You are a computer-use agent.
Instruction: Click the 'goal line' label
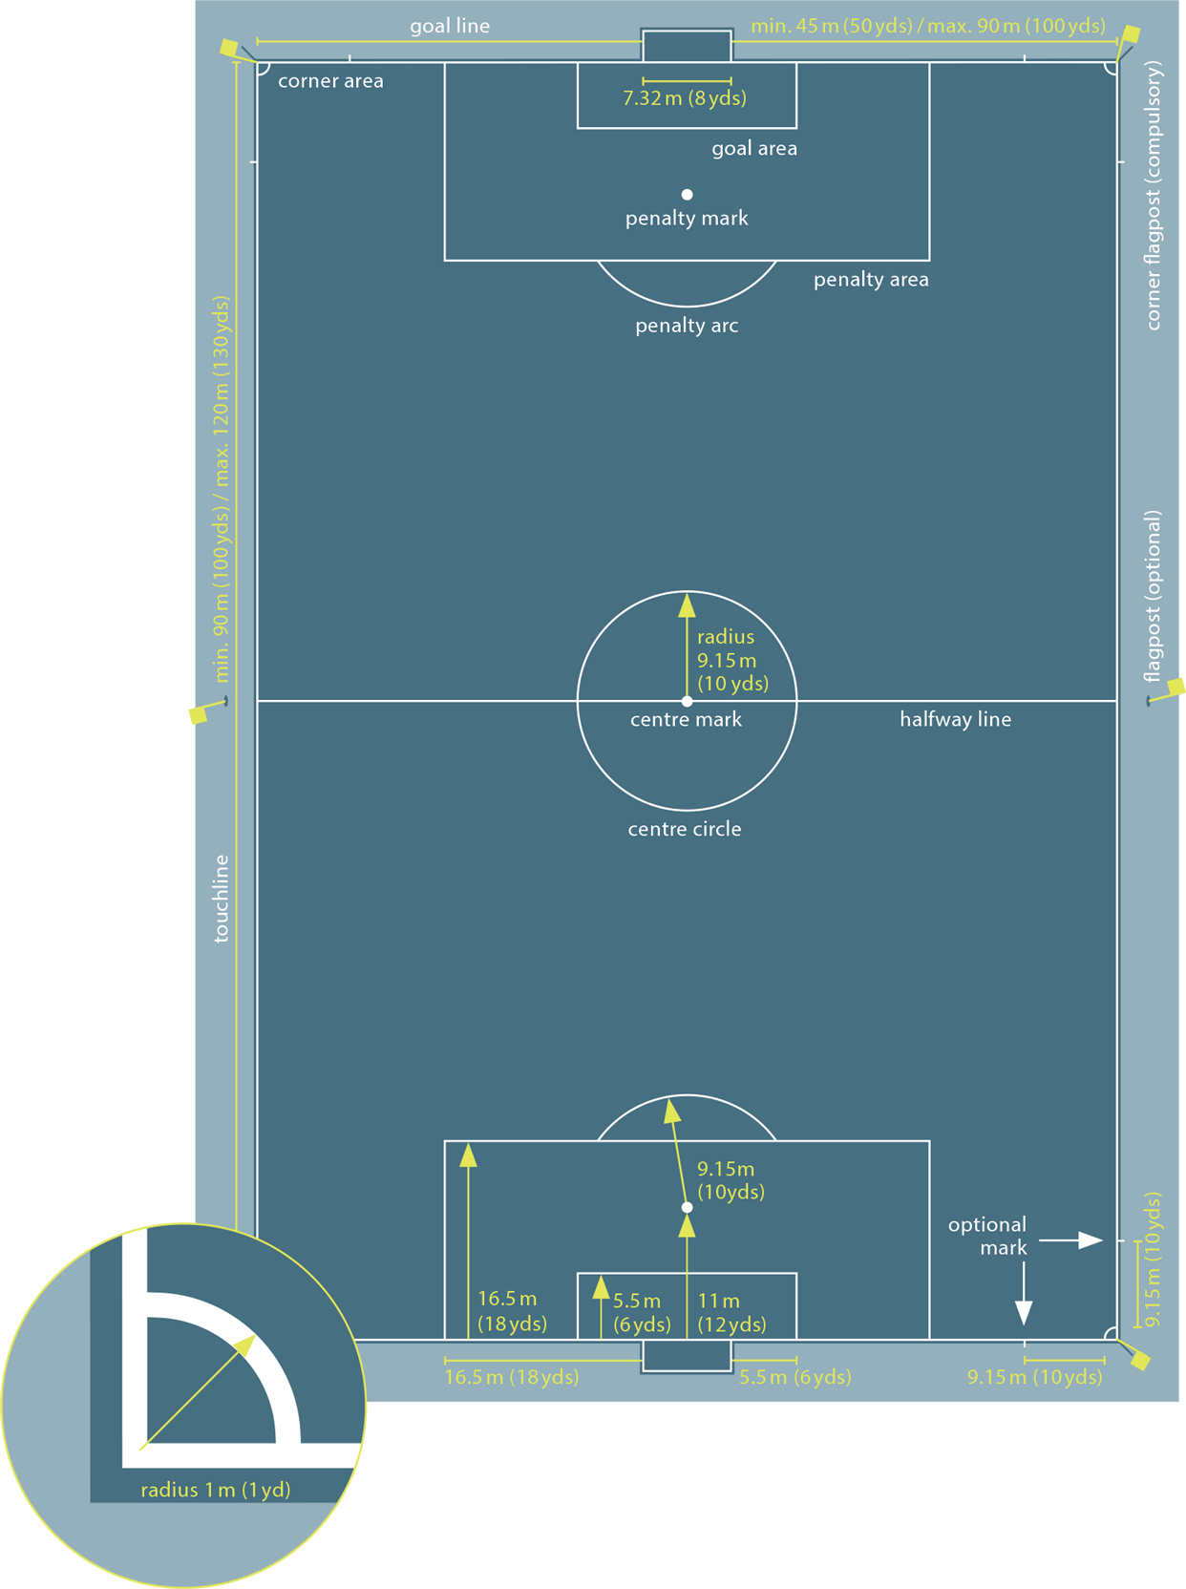[x=450, y=26]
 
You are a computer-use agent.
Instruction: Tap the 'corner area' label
[x=330, y=81]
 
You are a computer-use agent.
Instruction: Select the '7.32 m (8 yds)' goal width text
[x=685, y=97]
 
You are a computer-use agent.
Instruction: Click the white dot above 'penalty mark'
[x=687, y=195]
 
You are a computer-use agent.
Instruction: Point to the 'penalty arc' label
[x=687, y=326]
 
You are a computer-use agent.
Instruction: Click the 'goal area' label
[x=754, y=148]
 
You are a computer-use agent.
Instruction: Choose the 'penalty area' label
[x=871, y=280]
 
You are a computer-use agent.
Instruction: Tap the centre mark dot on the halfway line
[x=687, y=701]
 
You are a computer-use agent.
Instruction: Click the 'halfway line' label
[x=955, y=719]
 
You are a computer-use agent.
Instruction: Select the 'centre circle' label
[x=685, y=829]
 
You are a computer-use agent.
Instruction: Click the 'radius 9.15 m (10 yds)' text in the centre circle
[x=731, y=660]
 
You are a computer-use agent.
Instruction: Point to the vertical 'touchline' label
[x=222, y=899]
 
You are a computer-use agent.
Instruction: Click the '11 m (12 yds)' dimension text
[x=731, y=1312]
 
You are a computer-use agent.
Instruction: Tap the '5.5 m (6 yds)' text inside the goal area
[x=642, y=1312]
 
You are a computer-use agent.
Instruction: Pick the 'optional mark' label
[x=988, y=1236]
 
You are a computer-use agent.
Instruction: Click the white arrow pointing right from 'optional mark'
[x=1071, y=1240]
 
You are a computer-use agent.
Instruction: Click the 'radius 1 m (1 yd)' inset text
[x=216, y=1490]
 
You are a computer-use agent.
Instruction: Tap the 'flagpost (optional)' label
[x=1154, y=596]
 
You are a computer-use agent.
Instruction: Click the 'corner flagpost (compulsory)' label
[x=1154, y=196]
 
